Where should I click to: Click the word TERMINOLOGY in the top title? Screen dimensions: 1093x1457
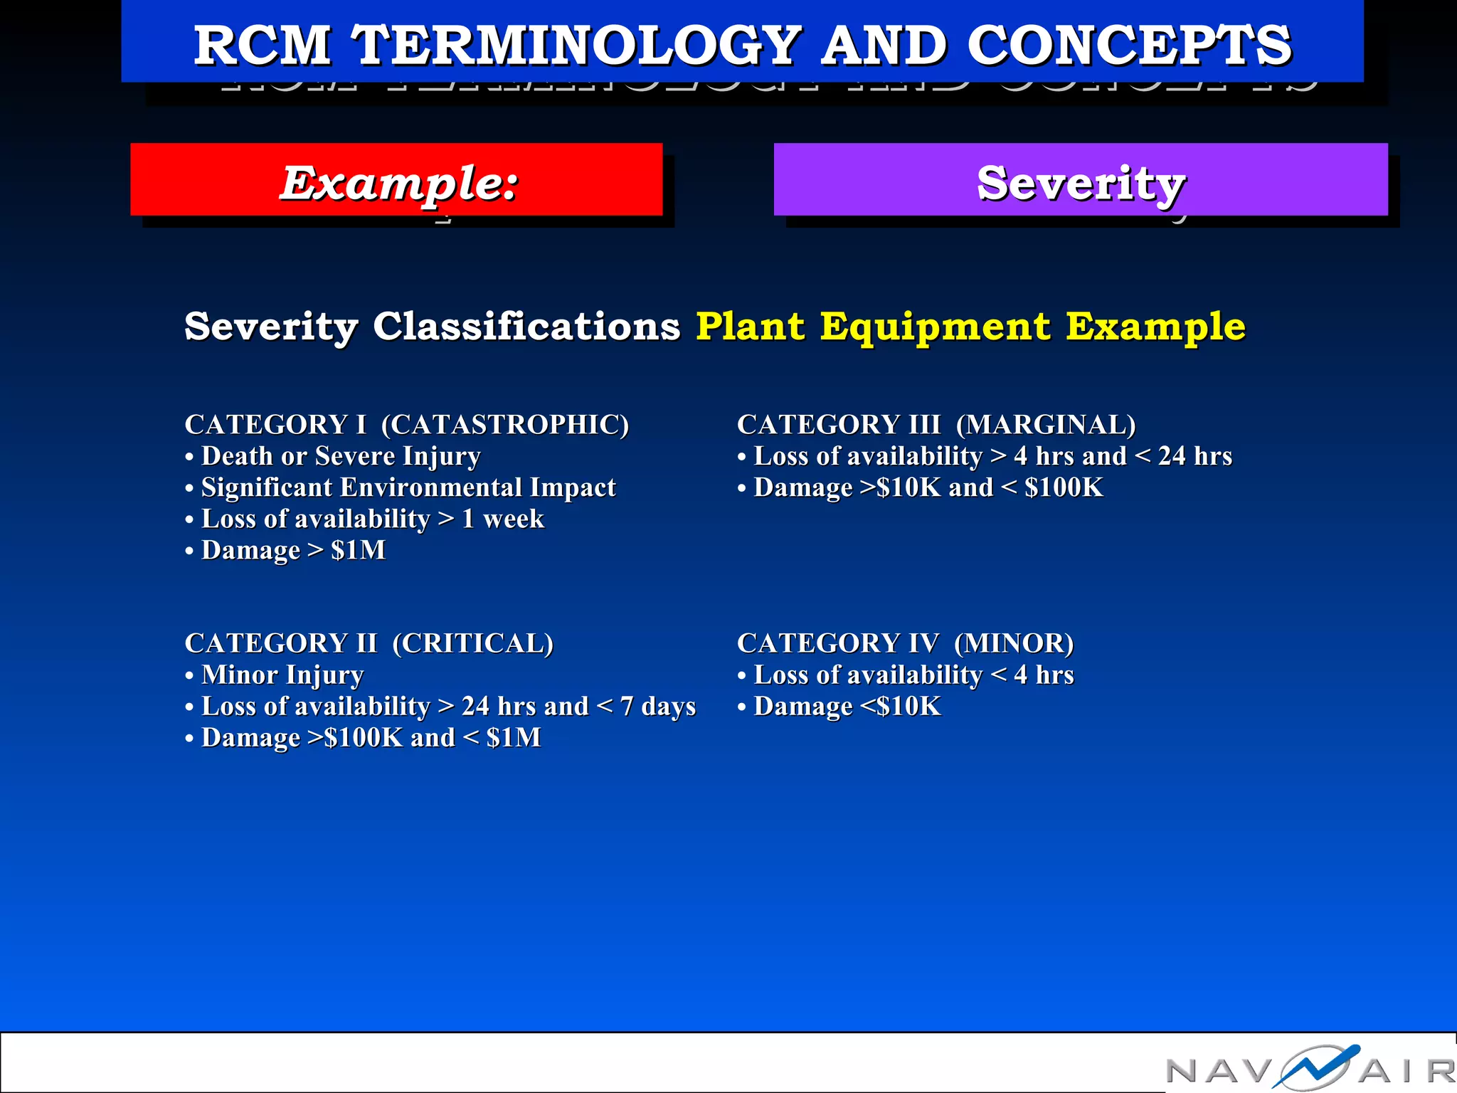(x=578, y=45)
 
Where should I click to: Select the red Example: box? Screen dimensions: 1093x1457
(x=396, y=180)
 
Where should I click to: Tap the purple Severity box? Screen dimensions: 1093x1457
(x=1080, y=180)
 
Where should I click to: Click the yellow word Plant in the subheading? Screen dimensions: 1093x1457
(x=750, y=326)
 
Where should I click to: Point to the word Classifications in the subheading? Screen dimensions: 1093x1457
(x=526, y=326)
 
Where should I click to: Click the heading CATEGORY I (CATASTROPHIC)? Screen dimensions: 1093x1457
(x=406, y=425)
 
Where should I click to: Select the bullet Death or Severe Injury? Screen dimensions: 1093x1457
(x=340, y=456)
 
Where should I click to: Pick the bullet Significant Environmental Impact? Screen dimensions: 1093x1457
(x=408, y=487)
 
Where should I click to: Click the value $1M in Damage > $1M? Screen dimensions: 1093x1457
(x=358, y=550)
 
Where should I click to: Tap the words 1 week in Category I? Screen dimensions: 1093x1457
(x=502, y=519)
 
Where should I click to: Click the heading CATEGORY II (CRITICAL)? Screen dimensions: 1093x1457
(x=369, y=643)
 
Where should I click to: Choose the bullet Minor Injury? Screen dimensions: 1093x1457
(x=282, y=675)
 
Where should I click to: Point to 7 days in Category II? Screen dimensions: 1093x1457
(x=657, y=706)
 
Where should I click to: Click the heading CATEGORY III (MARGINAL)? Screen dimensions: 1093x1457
(x=936, y=425)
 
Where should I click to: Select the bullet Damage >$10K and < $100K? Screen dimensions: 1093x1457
(x=928, y=487)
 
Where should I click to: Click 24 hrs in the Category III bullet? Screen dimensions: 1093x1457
(x=1194, y=456)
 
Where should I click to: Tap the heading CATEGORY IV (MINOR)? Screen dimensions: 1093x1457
(x=905, y=643)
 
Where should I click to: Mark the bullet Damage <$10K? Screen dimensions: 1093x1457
(x=847, y=706)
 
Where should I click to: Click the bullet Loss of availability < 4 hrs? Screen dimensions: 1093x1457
(x=913, y=675)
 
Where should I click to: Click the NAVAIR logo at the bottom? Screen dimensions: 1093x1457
(x=1309, y=1067)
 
